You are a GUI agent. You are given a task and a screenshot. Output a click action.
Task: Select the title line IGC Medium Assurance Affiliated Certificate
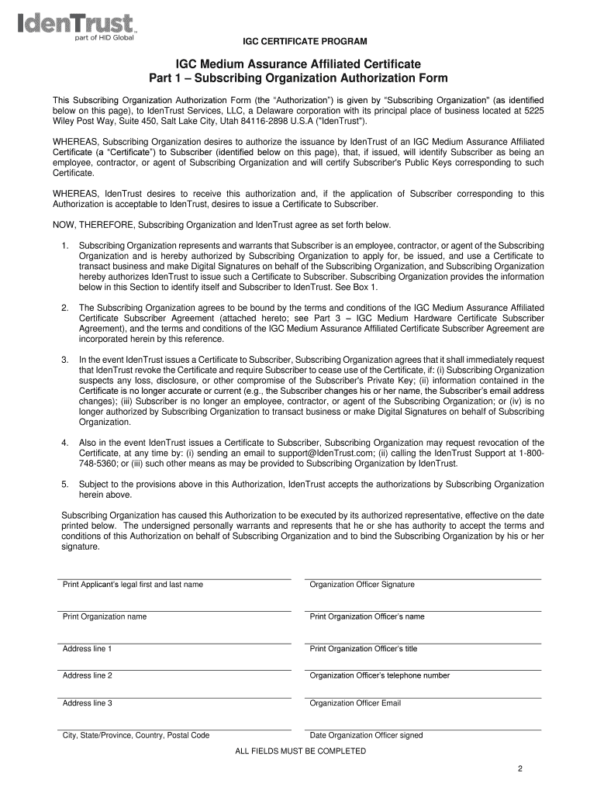(x=298, y=64)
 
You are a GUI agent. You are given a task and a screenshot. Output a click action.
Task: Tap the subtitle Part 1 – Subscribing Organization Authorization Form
(x=298, y=79)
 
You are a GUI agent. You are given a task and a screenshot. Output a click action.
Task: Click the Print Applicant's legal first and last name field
(x=175, y=571)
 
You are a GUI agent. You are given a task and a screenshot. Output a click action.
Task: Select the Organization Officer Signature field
(x=423, y=571)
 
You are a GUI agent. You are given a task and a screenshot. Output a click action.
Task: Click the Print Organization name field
(x=175, y=604)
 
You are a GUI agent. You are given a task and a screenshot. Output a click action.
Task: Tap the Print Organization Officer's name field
(x=423, y=604)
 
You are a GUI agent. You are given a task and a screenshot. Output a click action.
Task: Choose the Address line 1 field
(x=175, y=636)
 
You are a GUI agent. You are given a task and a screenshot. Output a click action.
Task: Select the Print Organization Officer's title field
(x=423, y=636)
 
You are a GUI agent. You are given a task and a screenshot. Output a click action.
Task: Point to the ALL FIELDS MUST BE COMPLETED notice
(x=299, y=751)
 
